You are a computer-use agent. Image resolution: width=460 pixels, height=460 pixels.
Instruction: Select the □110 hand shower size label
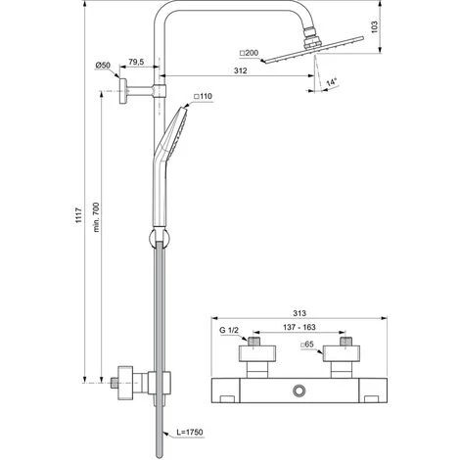[206, 96]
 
